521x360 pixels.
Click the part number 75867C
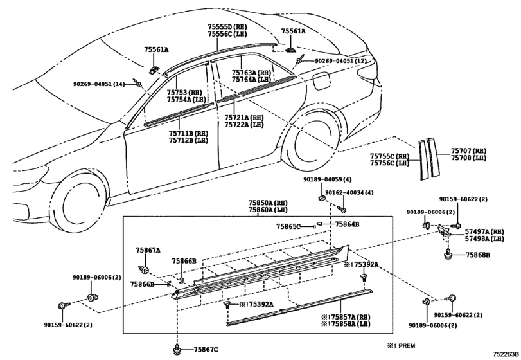point(206,349)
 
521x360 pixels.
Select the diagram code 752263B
point(506,354)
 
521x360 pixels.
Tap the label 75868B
point(478,255)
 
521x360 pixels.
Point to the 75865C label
point(288,226)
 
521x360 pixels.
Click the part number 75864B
point(347,224)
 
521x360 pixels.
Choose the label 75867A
point(148,250)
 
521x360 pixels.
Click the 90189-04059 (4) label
point(327,179)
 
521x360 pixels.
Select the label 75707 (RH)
point(468,151)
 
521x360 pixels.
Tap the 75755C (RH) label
point(390,156)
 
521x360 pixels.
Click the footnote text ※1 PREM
point(401,346)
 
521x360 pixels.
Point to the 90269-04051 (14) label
point(99,84)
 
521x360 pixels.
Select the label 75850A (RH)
point(268,203)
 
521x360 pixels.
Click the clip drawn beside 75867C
point(177,349)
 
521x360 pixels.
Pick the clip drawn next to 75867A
point(143,268)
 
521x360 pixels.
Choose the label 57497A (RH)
point(484,231)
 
